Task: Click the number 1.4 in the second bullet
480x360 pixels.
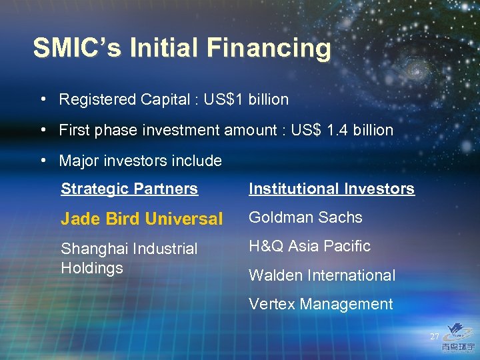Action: (x=339, y=130)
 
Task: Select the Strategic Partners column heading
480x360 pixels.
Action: (x=129, y=189)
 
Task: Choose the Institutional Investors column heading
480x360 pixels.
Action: (x=331, y=189)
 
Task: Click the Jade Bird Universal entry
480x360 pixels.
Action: (x=141, y=219)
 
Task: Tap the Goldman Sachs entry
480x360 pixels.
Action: (x=305, y=217)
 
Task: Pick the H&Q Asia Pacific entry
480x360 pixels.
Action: (x=309, y=246)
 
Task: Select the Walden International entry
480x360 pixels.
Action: (x=322, y=275)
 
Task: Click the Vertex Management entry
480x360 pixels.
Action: (x=321, y=304)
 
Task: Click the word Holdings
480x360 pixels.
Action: (x=92, y=268)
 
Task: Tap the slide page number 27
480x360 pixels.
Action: (x=435, y=337)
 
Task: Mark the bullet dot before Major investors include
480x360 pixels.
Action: (x=43, y=160)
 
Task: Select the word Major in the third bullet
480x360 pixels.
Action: (x=77, y=161)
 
